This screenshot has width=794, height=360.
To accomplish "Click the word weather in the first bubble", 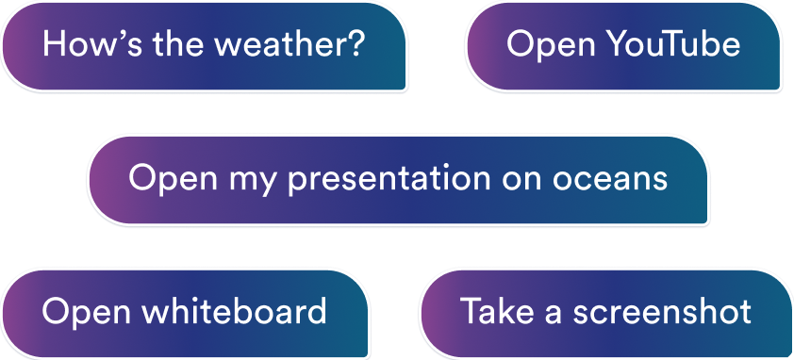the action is [x=278, y=44].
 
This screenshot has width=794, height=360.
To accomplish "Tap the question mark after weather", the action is [x=354, y=43].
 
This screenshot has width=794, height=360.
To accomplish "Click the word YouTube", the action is [x=673, y=44].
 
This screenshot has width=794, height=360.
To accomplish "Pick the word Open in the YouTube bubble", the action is [x=551, y=47].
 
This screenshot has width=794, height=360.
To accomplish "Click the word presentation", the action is [x=389, y=180].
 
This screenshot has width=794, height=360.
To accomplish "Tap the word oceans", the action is [x=610, y=180].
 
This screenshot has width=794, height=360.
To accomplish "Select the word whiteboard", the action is [x=234, y=311].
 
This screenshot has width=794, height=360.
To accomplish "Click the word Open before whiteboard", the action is [x=87, y=314].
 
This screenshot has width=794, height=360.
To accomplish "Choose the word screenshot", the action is [x=662, y=311].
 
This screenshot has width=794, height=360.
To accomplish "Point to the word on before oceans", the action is [x=521, y=180].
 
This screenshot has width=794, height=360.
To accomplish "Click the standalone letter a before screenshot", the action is [x=554, y=315].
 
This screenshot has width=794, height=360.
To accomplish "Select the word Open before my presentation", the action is [x=174, y=181].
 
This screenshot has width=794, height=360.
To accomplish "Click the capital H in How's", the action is [x=54, y=43].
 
